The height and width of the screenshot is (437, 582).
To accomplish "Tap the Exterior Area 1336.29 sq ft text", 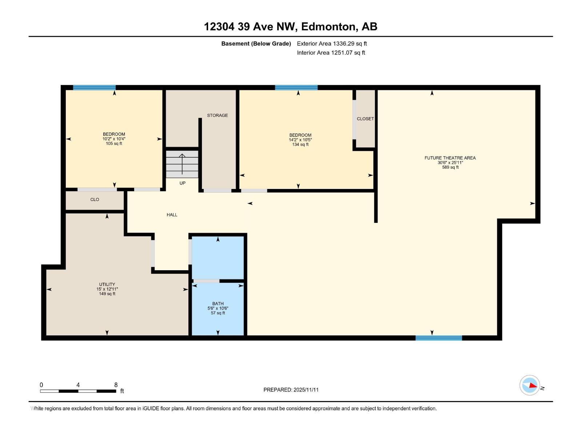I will [332, 44].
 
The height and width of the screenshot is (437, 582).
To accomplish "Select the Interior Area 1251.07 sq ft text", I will [331, 53].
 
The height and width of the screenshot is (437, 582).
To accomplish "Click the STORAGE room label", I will [218, 115].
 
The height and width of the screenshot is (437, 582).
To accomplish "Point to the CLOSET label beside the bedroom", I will [365, 119].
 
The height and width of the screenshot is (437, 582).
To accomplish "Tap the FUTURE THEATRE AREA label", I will [450, 158].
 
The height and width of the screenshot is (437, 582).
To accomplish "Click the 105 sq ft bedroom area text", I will [114, 144].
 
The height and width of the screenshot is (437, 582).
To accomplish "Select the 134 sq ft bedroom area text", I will [300, 145].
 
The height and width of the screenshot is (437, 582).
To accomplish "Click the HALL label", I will [172, 215].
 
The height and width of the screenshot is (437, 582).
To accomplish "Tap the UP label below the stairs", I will [182, 183].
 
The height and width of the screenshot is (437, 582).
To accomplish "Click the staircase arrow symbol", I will [182, 164].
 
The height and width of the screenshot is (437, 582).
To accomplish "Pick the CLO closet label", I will [95, 200].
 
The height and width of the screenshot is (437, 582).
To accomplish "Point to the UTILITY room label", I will [107, 284].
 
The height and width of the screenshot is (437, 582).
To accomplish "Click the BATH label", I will [218, 304].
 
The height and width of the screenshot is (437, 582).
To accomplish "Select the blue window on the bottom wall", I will [439, 338].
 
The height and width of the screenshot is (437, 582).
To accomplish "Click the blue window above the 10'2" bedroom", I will [94, 87].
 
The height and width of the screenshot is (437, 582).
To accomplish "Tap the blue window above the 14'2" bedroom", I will [296, 87].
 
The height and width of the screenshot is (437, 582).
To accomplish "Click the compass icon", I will [530, 385].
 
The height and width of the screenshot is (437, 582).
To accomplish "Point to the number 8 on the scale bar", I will [116, 385].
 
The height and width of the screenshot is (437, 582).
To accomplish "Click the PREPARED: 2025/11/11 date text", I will [291, 390].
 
